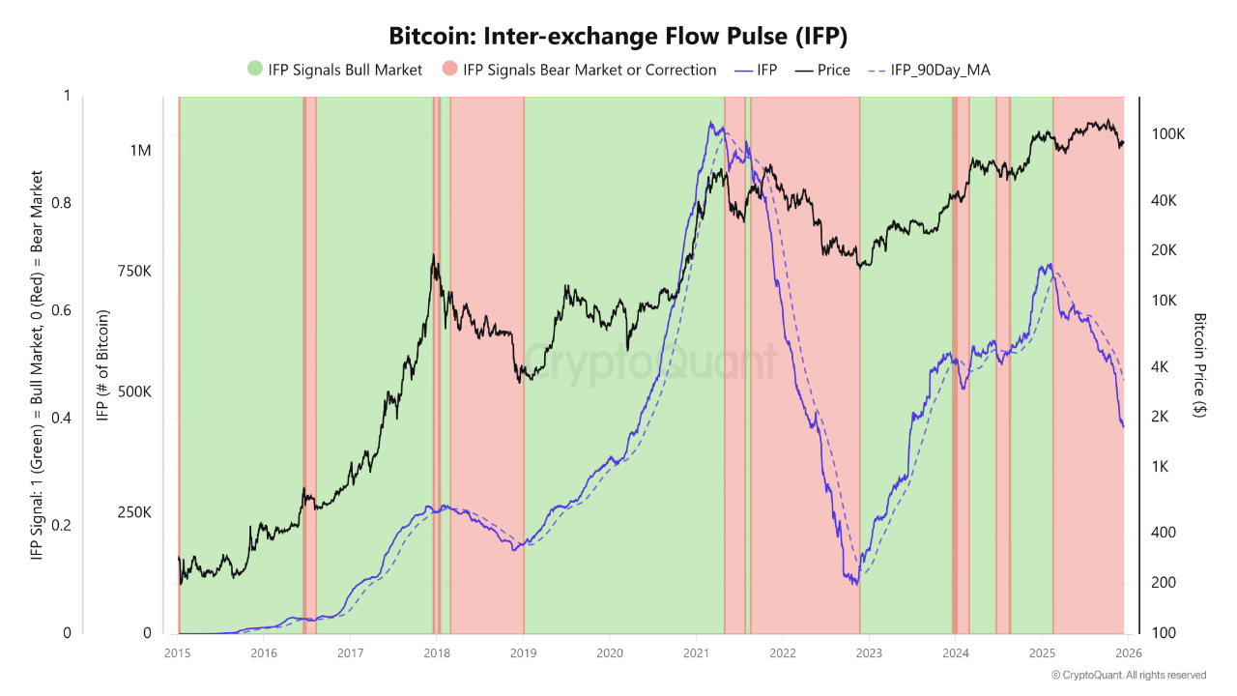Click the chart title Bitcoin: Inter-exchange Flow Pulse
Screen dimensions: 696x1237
618,37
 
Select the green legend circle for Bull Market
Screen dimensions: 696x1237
255,70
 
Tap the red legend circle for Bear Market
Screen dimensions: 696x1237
450,70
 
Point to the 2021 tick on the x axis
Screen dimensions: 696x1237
696,652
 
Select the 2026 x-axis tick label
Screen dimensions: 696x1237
1126,652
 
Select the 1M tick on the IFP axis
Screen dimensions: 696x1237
139,151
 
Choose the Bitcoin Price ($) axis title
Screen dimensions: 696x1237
1200,365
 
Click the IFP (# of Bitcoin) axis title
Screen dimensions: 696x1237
101,365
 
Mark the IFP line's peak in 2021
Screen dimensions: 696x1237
710,123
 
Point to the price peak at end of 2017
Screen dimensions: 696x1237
434,256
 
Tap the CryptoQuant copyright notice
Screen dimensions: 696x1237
1129,675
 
